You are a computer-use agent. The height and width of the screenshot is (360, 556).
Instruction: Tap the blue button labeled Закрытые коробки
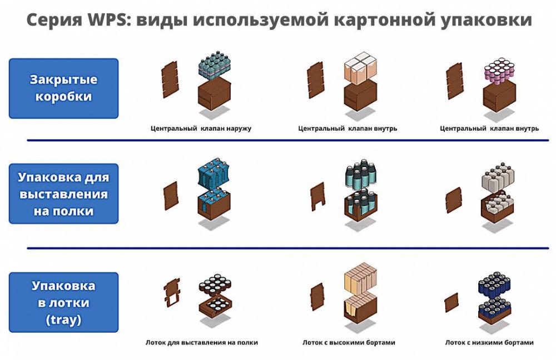tap(63, 88)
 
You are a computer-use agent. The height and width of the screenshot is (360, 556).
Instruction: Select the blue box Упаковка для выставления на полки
tap(63, 194)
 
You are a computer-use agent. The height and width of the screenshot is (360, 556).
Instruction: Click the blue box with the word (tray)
tap(63, 302)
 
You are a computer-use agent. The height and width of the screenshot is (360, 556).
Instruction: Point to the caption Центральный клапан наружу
tap(201, 128)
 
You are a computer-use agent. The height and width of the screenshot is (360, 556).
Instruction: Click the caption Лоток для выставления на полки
tap(202, 343)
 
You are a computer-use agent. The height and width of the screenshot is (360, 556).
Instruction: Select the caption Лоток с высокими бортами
tap(349, 343)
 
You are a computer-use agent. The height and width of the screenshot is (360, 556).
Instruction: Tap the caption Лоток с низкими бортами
tap(489, 343)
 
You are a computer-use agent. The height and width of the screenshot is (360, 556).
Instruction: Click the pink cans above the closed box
tap(500, 72)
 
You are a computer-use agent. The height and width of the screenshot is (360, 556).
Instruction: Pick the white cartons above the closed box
tap(360, 68)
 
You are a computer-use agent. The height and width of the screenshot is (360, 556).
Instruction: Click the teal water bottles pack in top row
tap(215, 66)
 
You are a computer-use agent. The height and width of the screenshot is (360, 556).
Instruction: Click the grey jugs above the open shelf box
tap(498, 178)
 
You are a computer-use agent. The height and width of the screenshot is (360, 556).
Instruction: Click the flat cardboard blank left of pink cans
tap(455, 81)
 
